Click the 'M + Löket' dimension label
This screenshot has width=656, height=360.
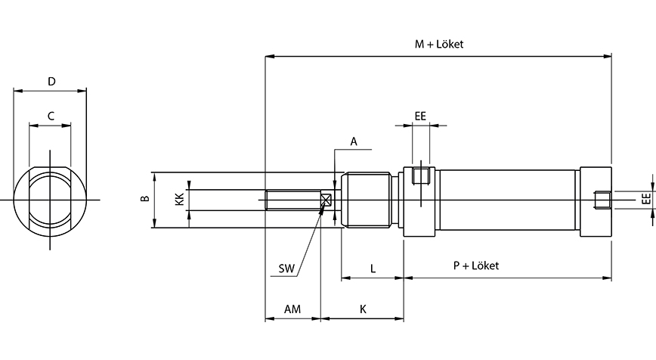pos(438,45)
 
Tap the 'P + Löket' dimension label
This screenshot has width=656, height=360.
pos(475,265)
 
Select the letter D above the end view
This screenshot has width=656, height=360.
pos(51,81)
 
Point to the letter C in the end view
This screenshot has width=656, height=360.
pos(51,116)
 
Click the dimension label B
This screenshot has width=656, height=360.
pos(144,200)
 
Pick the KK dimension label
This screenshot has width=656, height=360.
pos(178,200)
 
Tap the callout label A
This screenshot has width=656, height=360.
pos(353,141)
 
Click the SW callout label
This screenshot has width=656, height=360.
pos(286,268)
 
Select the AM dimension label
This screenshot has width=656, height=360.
pos(292,309)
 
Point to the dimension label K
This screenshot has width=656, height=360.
pos(363,309)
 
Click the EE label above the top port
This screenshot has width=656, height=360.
pos(421,116)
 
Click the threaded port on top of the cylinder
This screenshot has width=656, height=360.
pos(421,177)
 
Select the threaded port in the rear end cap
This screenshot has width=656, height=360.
pos(602,200)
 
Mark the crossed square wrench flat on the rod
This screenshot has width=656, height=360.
pos(326,200)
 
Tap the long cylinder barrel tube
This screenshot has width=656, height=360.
pos(508,200)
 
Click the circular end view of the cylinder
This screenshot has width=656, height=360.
pos(51,200)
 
